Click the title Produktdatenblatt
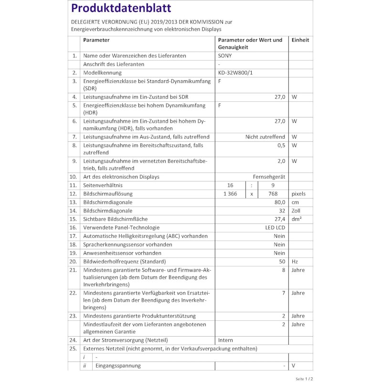121,9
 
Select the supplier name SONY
225,55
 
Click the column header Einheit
300,40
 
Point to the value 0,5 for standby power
281,145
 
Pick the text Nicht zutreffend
265,137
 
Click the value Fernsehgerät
269,177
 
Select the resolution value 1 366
230,194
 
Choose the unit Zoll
297,211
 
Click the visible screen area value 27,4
279,219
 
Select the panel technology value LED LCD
275,228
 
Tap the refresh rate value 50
282,261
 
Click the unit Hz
295,261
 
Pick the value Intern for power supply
225,340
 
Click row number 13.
73,202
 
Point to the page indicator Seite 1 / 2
306,378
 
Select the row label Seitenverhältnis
103,185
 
